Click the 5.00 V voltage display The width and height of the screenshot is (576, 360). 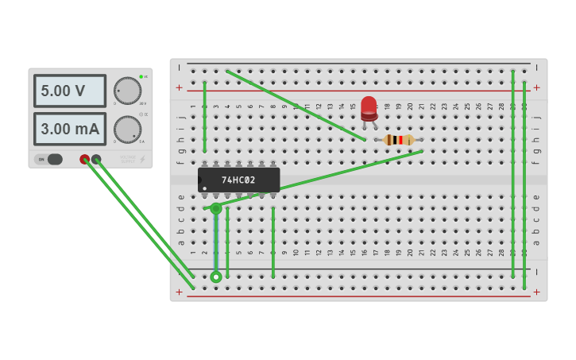point(70,91)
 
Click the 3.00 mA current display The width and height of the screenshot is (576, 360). point(70,129)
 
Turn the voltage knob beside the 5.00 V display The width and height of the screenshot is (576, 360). point(127,91)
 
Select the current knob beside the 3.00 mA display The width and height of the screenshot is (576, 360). point(127,129)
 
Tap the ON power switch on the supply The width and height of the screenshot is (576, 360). point(48,159)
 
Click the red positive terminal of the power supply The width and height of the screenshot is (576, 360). point(85,159)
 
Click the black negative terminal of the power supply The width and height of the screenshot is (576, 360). point(96,159)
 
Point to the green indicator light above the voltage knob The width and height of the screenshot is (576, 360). point(141,76)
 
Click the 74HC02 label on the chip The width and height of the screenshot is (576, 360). point(238,180)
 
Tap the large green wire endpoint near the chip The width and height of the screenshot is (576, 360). point(216,208)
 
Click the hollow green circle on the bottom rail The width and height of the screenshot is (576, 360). point(216,277)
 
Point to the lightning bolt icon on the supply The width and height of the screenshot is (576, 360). point(143,159)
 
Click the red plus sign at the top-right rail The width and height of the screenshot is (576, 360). point(537,87)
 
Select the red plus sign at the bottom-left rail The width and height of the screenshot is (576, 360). point(179,292)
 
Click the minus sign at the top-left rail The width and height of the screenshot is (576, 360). point(179,68)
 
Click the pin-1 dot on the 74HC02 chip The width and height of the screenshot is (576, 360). point(205,188)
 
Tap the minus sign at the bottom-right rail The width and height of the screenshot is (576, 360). point(537,272)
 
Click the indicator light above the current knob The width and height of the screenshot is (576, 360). point(141,114)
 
